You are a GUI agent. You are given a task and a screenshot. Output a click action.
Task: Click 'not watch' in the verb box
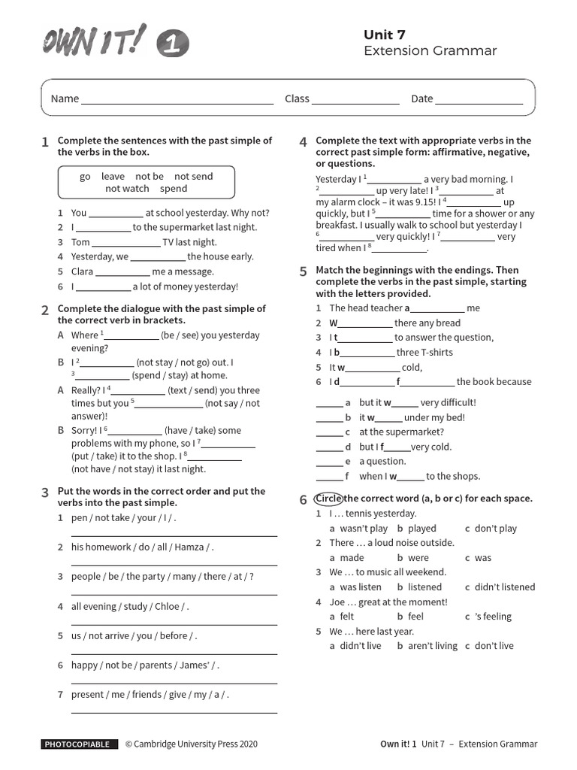pos(127,189)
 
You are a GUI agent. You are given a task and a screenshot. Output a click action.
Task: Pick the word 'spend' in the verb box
pos(174,189)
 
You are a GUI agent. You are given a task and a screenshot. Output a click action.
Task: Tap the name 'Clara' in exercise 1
pos(82,271)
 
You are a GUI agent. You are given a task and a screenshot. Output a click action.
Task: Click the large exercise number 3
pos(45,493)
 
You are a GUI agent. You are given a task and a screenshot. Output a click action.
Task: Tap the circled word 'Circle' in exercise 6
pos(328,499)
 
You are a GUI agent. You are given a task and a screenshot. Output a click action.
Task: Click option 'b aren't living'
pos(427,646)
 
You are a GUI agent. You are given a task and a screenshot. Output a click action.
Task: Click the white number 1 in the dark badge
pos(173,46)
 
